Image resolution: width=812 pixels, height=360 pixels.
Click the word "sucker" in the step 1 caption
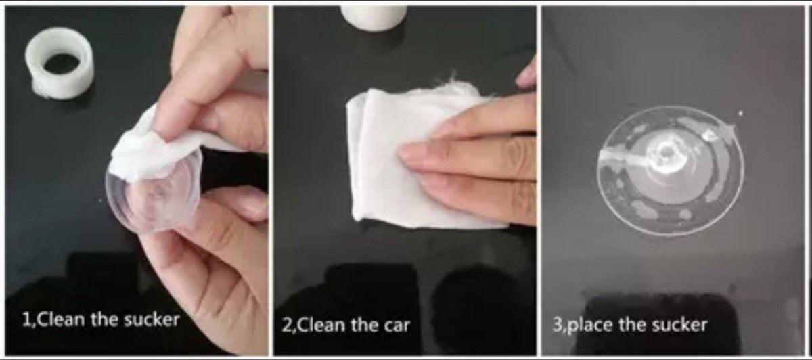point(152,320)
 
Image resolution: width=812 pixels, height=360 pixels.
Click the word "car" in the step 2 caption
point(397,325)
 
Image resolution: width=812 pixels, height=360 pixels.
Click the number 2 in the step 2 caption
point(286,325)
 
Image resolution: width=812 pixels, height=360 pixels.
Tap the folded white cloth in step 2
point(417,156)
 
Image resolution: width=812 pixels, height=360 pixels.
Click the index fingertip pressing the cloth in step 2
point(408,154)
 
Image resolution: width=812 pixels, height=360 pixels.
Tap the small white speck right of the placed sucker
point(740,114)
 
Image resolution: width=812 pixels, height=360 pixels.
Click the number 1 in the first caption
point(26,320)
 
